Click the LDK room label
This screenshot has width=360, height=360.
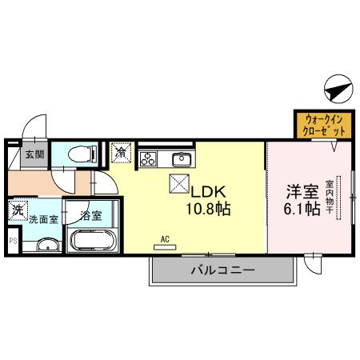[210, 192]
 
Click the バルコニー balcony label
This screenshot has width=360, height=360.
[222, 270]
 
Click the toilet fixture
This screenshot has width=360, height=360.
[78, 154]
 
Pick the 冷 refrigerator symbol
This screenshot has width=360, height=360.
[122, 150]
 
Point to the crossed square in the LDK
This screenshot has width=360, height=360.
[178, 184]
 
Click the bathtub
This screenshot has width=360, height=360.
[94, 241]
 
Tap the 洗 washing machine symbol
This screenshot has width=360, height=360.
[18, 212]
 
